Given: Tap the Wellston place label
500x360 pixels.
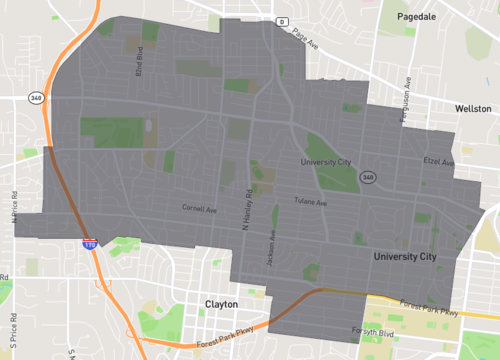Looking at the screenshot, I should coord(471,108).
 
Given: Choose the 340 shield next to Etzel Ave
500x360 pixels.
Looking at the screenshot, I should coord(369,177).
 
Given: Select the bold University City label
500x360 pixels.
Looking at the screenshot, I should coord(405,257).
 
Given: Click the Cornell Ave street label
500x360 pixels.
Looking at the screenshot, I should coord(199,210).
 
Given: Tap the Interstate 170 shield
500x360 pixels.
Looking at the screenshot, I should coord(90,243).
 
